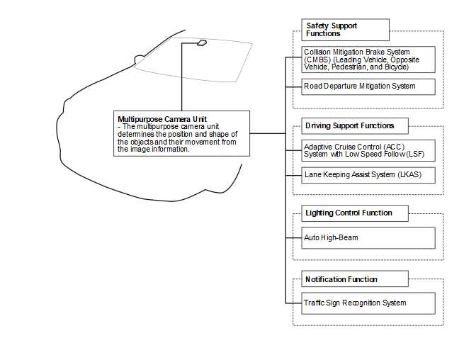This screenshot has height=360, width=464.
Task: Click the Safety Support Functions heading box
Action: [x=345, y=30]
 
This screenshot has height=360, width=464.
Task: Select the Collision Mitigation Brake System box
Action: [x=368, y=60]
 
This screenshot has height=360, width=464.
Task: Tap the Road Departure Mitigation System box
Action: [x=368, y=86]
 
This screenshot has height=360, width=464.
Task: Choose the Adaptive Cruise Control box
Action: [x=368, y=150]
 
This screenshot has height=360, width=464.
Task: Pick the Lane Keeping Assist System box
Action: [x=368, y=174]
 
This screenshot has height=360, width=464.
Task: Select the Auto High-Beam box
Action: [x=368, y=237]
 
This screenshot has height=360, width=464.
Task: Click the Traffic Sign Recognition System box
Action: [x=368, y=303]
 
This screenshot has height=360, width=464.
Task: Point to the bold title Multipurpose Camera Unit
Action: [x=162, y=118]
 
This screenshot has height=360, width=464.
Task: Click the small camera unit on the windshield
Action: [x=201, y=43]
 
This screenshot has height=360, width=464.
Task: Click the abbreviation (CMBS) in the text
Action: [x=315, y=60]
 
